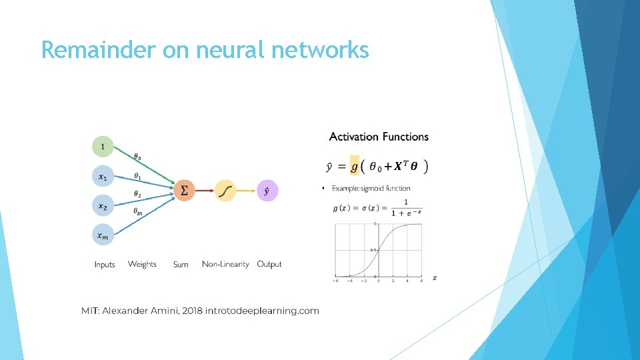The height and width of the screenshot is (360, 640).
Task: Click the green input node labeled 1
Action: tap(103, 146)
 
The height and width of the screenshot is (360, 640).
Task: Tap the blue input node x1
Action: tap(103, 176)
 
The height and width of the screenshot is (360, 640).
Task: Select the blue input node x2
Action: tap(103, 206)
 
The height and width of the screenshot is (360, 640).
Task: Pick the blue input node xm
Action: tap(103, 235)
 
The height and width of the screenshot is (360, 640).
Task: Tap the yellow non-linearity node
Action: tap(225, 191)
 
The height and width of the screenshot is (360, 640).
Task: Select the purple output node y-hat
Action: tap(267, 191)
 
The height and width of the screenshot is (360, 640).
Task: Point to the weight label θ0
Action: tap(137, 157)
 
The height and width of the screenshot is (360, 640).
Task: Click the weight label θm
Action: tap(137, 211)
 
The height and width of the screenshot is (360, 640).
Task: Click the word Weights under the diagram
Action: tap(142, 264)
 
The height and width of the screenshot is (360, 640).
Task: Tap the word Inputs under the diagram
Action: tap(105, 265)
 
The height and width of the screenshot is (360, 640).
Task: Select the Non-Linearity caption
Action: tap(225, 264)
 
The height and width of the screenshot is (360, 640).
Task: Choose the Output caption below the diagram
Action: tap(269, 264)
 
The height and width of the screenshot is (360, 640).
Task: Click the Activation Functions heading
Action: tap(379, 137)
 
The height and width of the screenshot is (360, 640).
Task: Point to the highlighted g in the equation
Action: tap(355, 166)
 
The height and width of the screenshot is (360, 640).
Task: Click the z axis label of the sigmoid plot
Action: tap(435, 277)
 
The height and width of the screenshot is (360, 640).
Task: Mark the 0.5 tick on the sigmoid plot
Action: tap(375, 250)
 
